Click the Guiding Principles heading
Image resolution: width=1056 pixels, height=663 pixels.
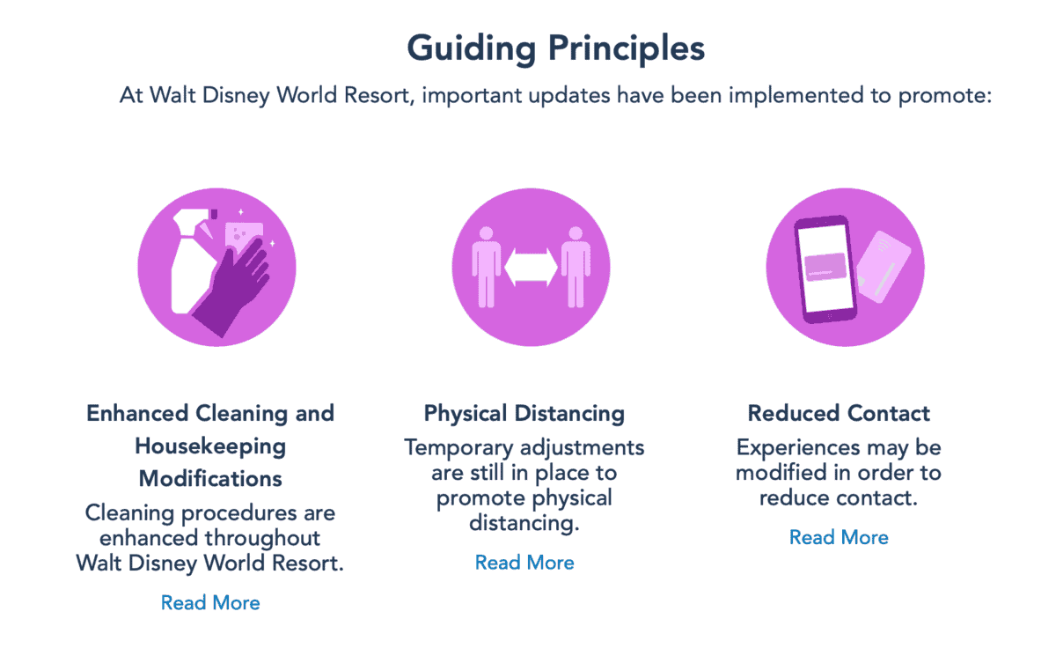(555, 48)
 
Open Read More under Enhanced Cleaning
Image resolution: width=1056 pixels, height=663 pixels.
(210, 603)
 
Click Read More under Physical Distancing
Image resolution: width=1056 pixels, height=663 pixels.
(524, 563)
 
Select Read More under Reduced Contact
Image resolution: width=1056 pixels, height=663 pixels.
(839, 537)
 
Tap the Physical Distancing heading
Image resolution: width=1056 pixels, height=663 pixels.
(524, 413)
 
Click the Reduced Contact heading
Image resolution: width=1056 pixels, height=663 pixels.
(839, 413)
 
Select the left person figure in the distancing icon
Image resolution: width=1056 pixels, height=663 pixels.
(485, 264)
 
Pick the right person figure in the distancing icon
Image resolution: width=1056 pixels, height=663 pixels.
(575, 264)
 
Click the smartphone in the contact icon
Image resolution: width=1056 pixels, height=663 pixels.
(825, 268)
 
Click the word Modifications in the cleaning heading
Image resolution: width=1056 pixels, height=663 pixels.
(210, 479)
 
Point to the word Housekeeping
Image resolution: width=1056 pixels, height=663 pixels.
(210, 446)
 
